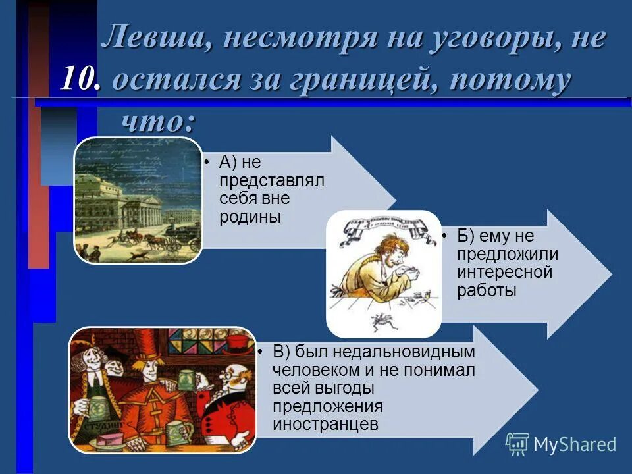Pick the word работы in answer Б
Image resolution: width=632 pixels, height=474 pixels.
coord(487,290)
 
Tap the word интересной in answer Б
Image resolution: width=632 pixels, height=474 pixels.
coord(505,272)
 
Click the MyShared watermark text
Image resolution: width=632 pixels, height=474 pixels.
coord(575,444)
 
